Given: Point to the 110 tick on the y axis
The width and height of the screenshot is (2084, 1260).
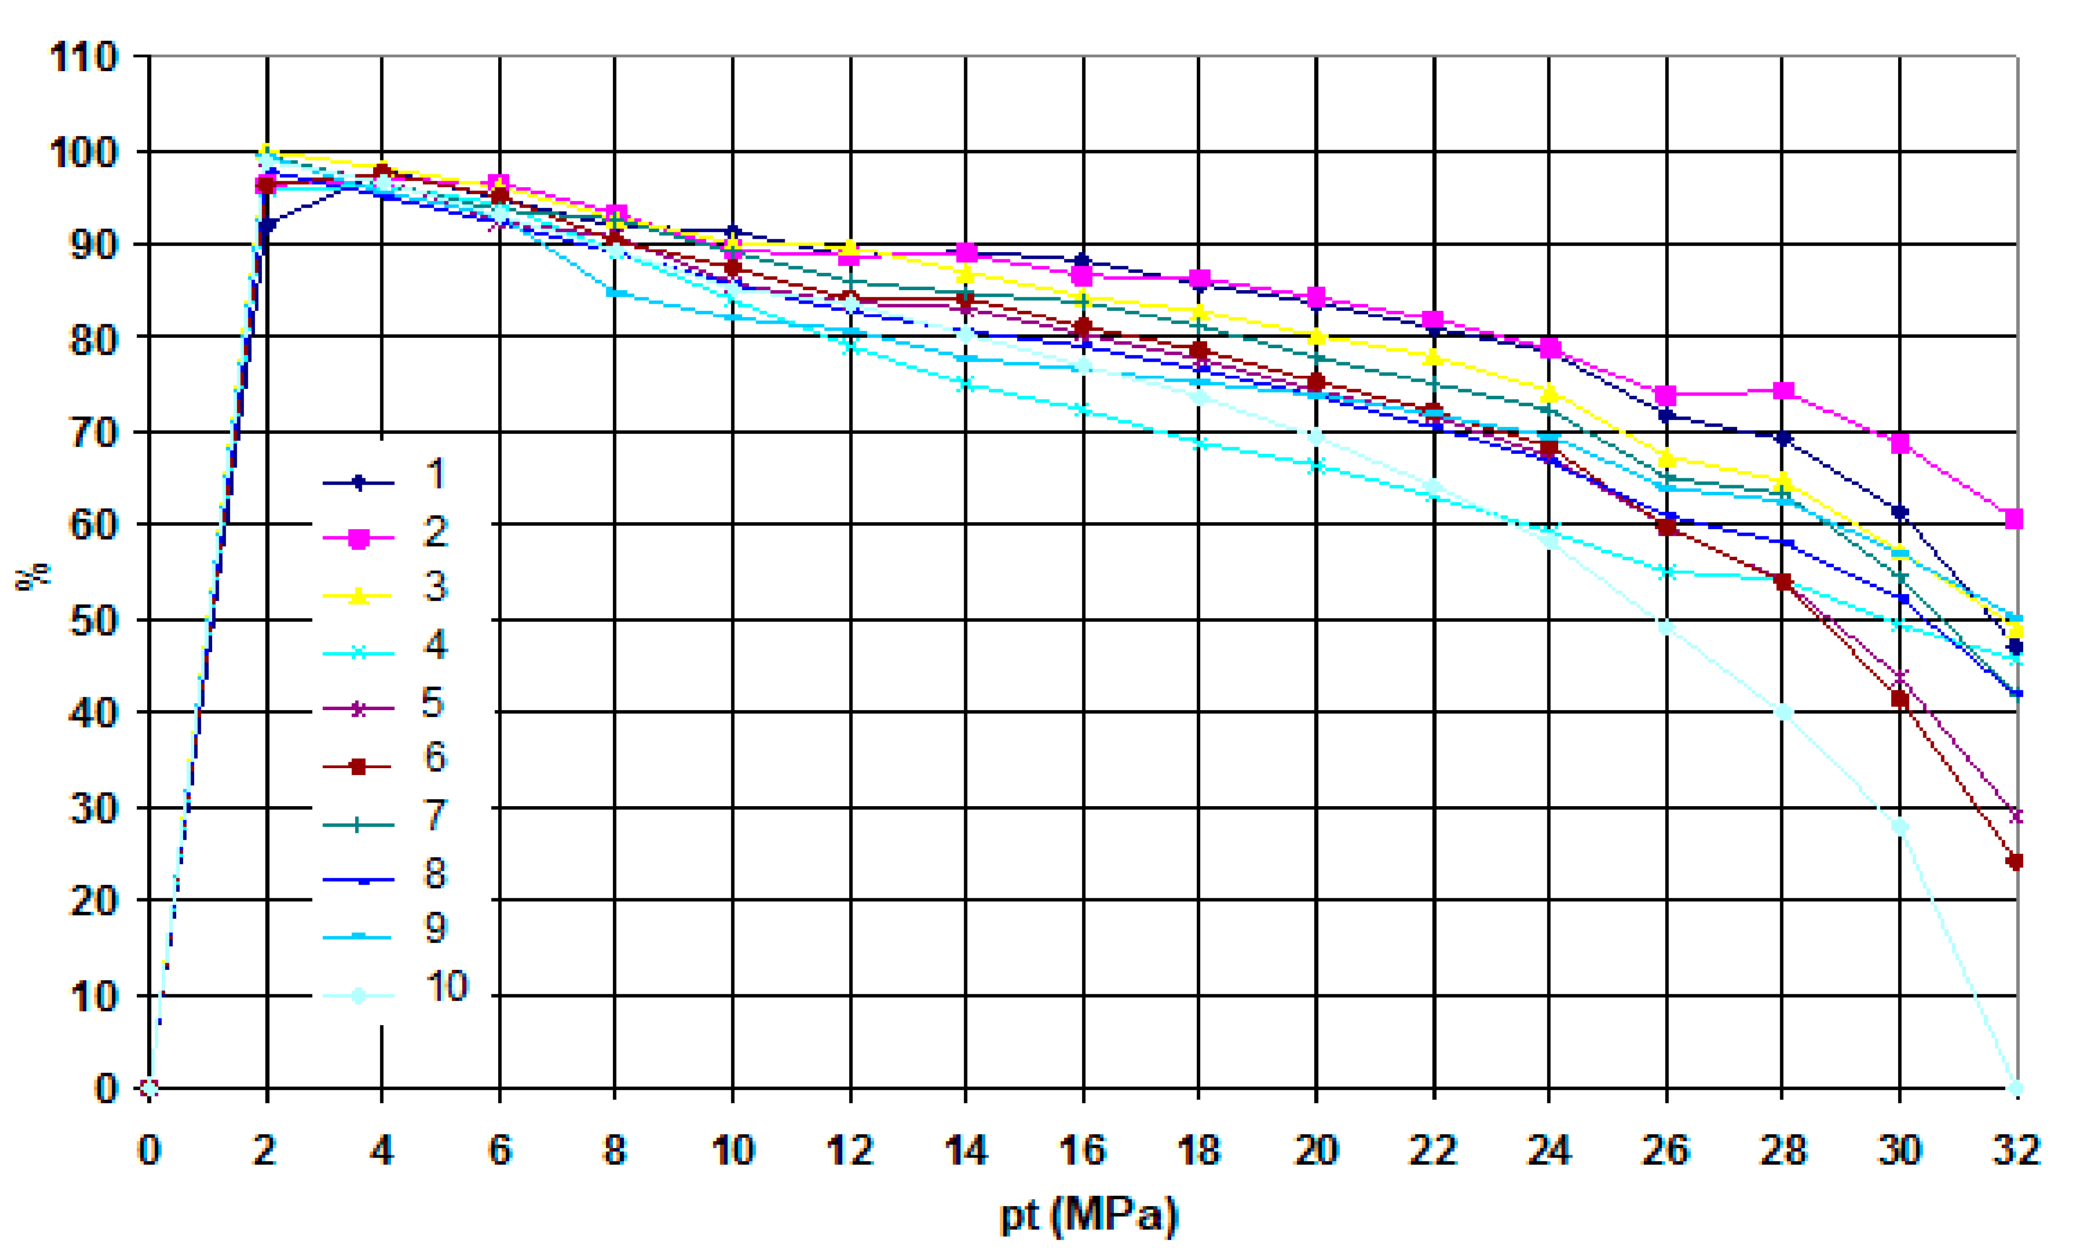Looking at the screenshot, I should (83, 57).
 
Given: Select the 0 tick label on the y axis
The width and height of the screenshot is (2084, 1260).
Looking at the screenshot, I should (106, 1088).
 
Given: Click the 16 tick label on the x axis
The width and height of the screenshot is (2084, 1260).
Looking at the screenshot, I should (1083, 1151).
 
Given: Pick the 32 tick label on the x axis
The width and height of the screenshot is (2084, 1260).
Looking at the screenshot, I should (2016, 1151).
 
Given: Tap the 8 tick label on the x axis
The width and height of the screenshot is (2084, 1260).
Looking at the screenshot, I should (615, 1151).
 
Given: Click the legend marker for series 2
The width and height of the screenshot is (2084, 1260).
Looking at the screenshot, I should (359, 539).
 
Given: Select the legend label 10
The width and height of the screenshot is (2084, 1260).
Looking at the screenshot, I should (446, 986).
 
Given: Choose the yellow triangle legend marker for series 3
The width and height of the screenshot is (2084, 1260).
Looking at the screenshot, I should (359, 596).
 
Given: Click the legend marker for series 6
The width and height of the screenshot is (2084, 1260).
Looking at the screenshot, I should (359, 767).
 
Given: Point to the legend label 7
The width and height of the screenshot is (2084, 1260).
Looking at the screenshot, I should (435, 815).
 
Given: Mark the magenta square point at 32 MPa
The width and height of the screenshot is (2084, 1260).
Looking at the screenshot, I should (2015, 518).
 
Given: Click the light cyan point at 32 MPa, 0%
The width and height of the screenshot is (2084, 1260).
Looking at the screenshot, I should (2016, 1087).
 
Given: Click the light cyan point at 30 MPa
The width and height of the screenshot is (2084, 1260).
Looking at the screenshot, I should (1900, 826).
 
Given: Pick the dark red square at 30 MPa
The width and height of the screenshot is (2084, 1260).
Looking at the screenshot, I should (1900, 699).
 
